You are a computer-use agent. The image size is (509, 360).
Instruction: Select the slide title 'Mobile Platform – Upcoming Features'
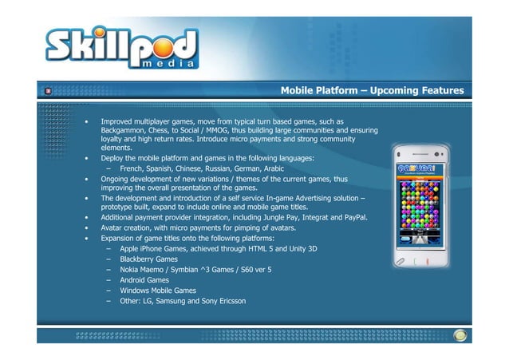[372, 91]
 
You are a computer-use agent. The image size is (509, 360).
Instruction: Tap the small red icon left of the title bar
[48, 91]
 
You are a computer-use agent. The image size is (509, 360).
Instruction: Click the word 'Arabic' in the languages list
[274, 169]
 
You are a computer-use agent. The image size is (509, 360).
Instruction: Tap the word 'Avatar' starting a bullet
[112, 227]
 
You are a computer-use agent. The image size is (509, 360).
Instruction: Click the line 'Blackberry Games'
[148, 259]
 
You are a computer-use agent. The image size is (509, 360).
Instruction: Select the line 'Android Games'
[144, 280]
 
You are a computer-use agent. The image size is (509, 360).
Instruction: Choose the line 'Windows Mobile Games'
[158, 291]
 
